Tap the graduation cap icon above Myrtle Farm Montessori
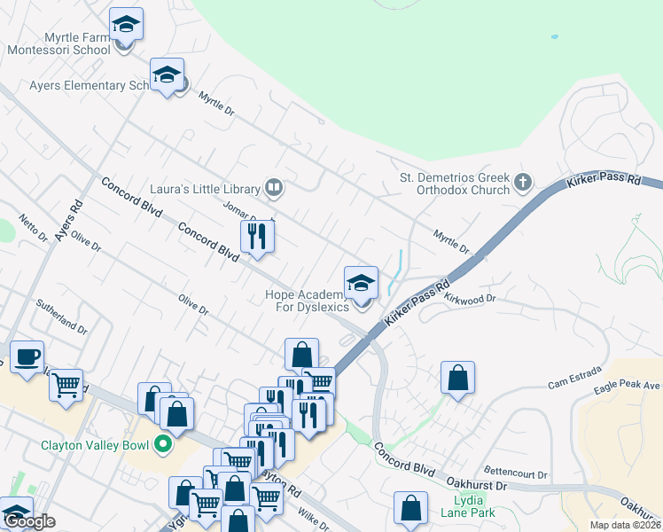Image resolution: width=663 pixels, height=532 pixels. (x=126, y=25)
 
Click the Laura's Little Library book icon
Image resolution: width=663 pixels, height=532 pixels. (x=275, y=188)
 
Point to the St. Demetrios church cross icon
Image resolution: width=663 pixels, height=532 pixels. (x=523, y=183)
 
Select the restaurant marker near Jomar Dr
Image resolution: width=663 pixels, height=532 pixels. (x=257, y=237)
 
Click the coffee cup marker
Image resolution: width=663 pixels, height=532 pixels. (x=27, y=356)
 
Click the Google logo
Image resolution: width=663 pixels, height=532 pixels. (x=29, y=522)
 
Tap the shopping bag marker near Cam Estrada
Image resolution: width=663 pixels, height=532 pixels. (x=456, y=378)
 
